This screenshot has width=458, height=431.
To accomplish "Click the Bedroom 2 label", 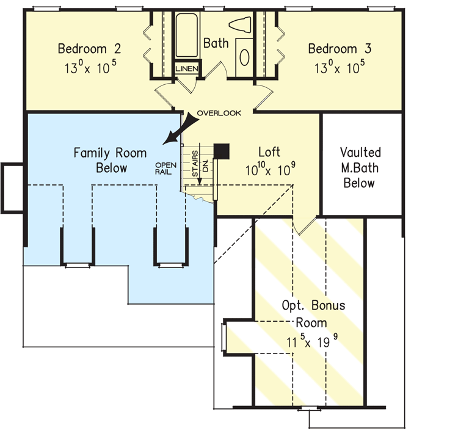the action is pos(89,48).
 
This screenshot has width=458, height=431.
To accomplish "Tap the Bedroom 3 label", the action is pos(340,48).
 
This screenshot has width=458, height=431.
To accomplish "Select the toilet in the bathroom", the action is pos(239,24).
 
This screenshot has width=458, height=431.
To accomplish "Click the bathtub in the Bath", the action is pos(186,35).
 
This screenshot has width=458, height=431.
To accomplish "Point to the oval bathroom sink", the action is pos(244,57).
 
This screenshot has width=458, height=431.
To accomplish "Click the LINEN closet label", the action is pos(187,69).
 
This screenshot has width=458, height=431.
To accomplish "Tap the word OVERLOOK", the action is pos(219,113).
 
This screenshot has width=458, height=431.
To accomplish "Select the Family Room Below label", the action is pos(110,161).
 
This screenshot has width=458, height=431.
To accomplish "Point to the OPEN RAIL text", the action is pos(165,168).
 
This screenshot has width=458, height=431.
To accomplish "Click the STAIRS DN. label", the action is pos(200,164).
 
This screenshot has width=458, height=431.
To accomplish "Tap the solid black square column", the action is pos(222,151).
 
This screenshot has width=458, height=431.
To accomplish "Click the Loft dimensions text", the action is pos(270,169).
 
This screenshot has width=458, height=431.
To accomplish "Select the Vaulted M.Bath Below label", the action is pos(360,168).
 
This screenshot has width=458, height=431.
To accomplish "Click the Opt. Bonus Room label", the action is pos(313,314).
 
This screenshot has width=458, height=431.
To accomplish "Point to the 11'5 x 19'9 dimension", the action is pos(312,341).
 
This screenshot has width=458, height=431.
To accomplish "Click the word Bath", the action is pos(216,43).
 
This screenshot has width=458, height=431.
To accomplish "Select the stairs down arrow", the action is pos(200,164).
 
